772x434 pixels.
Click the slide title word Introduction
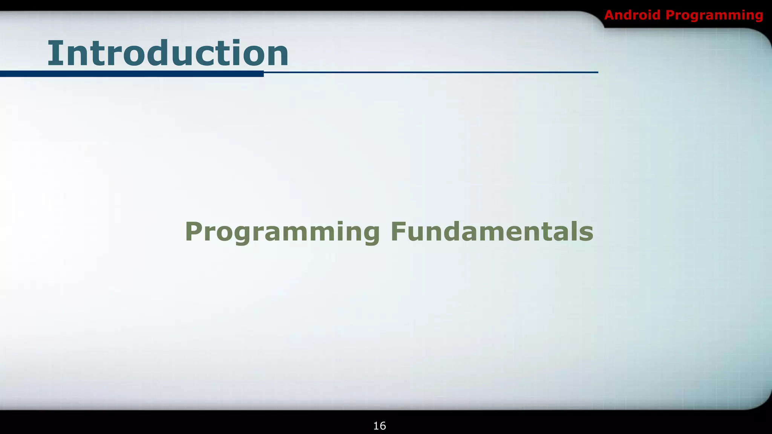pyautogui.click(x=168, y=53)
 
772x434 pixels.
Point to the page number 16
pyautogui.click(x=380, y=426)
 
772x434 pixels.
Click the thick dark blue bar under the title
pyautogui.click(x=132, y=74)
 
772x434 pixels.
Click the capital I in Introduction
pyautogui.click(x=53, y=53)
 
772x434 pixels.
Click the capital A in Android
pyautogui.click(x=610, y=15)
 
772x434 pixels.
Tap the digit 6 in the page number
pyautogui.click(x=383, y=426)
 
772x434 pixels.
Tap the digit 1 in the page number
pyautogui.click(x=376, y=426)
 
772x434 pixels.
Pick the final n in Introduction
pyautogui.click(x=277, y=57)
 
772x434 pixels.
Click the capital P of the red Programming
pyautogui.click(x=670, y=15)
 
